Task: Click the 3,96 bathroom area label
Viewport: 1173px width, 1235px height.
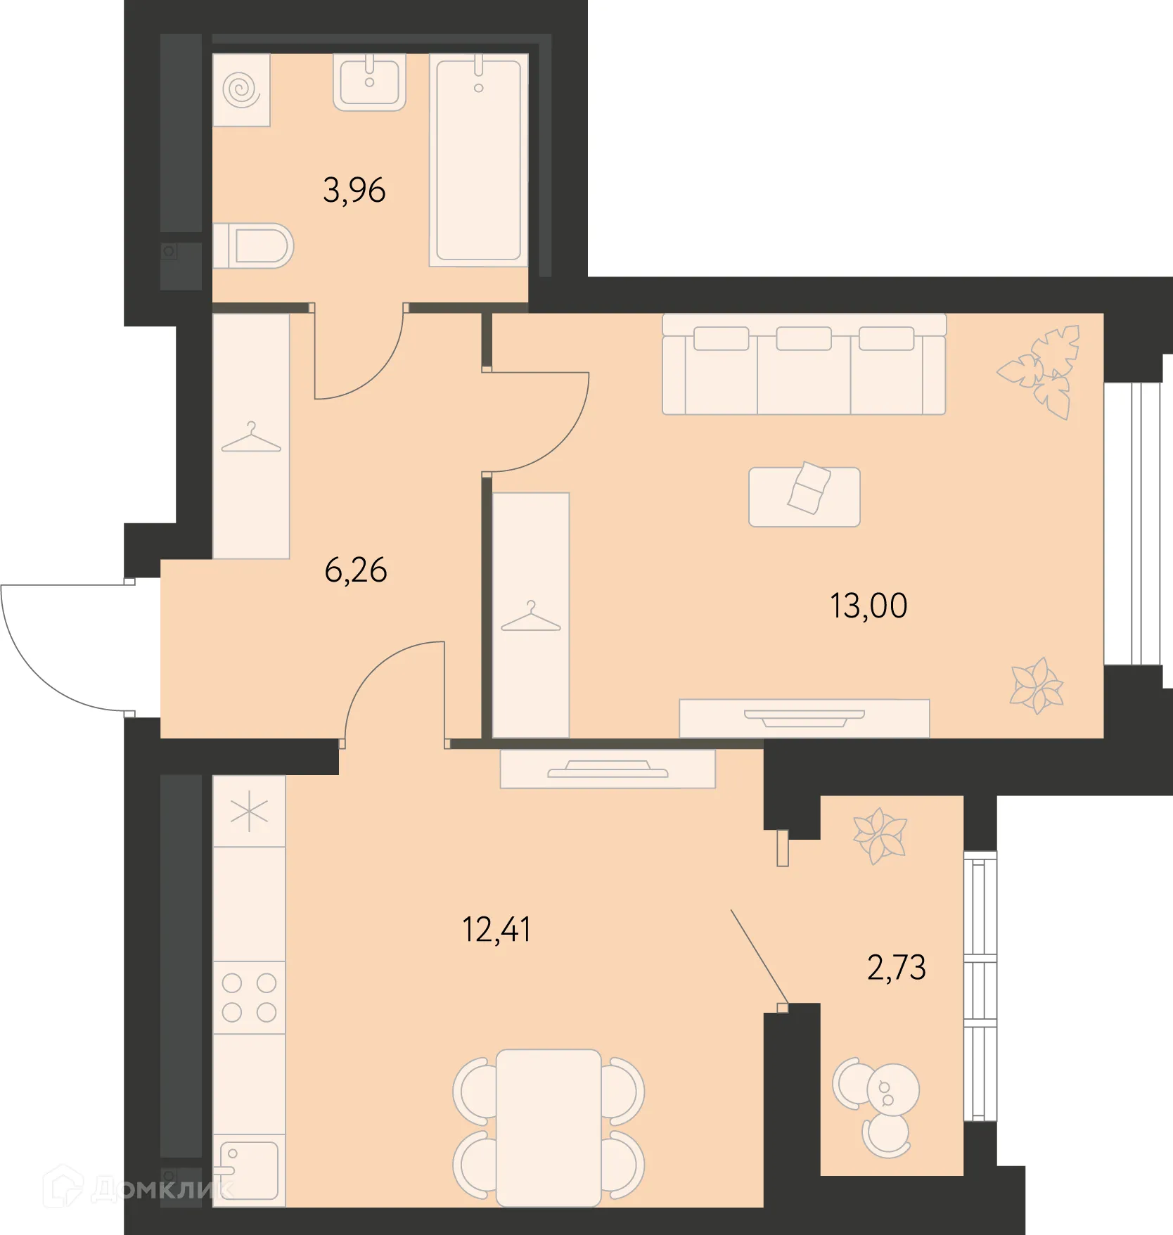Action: (x=354, y=191)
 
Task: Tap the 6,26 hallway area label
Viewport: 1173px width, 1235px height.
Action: (x=355, y=570)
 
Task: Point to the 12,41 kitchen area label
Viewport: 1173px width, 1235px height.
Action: (x=496, y=930)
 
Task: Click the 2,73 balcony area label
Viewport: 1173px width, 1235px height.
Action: (x=896, y=968)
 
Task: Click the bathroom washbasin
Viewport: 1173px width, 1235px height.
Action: (x=369, y=82)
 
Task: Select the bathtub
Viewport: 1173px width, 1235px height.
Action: (x=478, y=160)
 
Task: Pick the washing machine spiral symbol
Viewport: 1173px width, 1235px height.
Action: (x=241, y=89)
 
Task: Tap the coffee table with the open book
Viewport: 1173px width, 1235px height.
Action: (x=804, y=497)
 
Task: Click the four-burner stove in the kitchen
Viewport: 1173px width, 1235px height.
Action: (x=249, y=997)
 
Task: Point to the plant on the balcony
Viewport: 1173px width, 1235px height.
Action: (x=880, y=836)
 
